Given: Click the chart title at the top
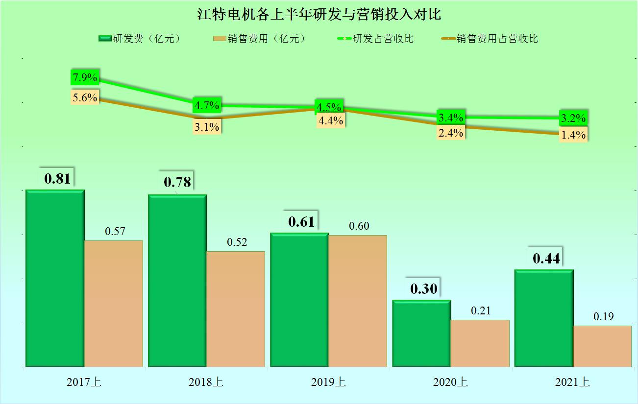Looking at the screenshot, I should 319,14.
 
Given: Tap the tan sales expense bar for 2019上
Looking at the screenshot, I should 358,301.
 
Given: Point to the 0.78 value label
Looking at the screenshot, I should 177,183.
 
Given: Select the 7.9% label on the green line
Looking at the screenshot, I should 85,77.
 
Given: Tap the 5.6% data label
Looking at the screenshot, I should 85,97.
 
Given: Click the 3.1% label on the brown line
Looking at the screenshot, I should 207,127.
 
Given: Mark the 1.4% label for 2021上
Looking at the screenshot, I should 574,135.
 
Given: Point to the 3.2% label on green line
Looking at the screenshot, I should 574,118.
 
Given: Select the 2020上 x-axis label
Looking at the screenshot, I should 450,382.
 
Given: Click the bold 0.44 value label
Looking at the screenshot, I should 546,259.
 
